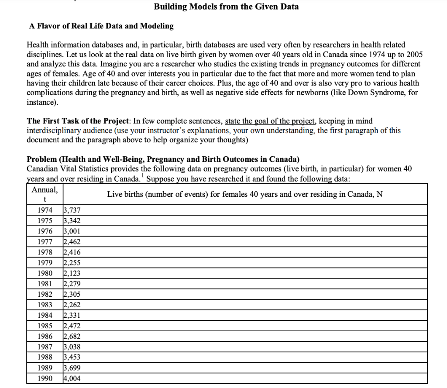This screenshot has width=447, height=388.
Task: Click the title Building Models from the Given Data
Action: [226, 7]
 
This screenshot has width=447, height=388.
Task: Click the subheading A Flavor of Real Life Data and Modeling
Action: [101, 26]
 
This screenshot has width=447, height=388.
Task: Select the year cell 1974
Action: [45, 210]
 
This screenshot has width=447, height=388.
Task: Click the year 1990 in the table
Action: [45, 378]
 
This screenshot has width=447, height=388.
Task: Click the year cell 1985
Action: [45, 326]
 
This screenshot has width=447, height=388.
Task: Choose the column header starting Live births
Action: [244, 194]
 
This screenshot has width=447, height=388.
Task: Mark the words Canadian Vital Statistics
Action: [65, 168]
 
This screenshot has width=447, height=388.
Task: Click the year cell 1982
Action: [45, 294]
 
